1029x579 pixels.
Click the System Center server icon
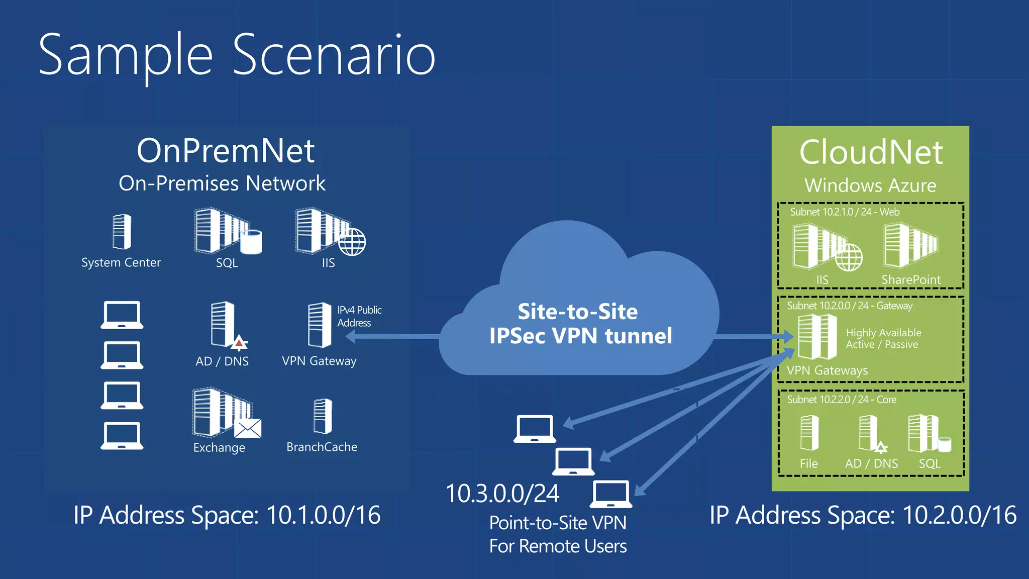(x=122, y=232)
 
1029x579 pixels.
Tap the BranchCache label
(x=322, y=447)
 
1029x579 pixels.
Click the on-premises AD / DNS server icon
(x=223, y=324)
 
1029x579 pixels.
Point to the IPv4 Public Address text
(x=359, y=316)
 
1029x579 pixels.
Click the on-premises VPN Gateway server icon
(x=320, y=325)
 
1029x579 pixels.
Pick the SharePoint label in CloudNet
(x=910, y=279)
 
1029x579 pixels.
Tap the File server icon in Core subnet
(x=809, y=433)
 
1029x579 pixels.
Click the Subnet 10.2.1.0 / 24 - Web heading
(x=844, y=212)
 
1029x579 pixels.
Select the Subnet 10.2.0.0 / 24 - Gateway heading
(x=849, y=306)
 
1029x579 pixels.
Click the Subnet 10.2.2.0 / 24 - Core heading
(x=842, y=400)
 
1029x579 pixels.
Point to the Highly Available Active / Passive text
(x=883, y=338)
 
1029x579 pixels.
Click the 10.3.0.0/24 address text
(x=502, y=494)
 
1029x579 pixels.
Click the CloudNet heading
(x=871, y=152)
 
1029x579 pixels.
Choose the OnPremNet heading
(x=226, y=150)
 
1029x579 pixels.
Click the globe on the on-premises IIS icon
(x=352, y=242)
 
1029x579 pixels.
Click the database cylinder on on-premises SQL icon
(x=251, y=242)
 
